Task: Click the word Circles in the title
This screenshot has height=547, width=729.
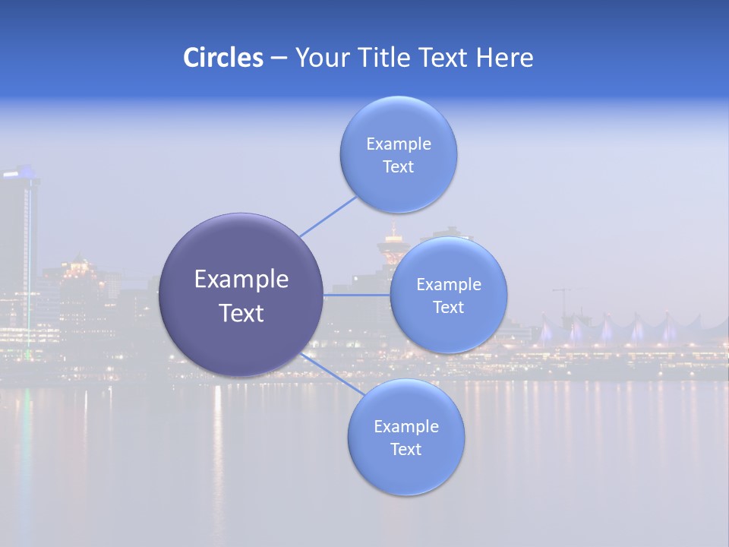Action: tap(223, 58)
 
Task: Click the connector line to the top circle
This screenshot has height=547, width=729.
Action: tap(328, 217)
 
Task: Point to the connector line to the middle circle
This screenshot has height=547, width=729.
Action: tap(357, 295)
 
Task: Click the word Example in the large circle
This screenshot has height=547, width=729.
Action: tap(241, 280)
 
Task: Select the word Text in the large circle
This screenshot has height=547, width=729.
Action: tap(241, 313)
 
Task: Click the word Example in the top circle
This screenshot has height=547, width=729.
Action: tap(398, 144)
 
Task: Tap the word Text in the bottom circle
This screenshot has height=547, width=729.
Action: tap(406, 449)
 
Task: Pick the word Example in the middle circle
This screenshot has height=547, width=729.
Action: tap(448, 284)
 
